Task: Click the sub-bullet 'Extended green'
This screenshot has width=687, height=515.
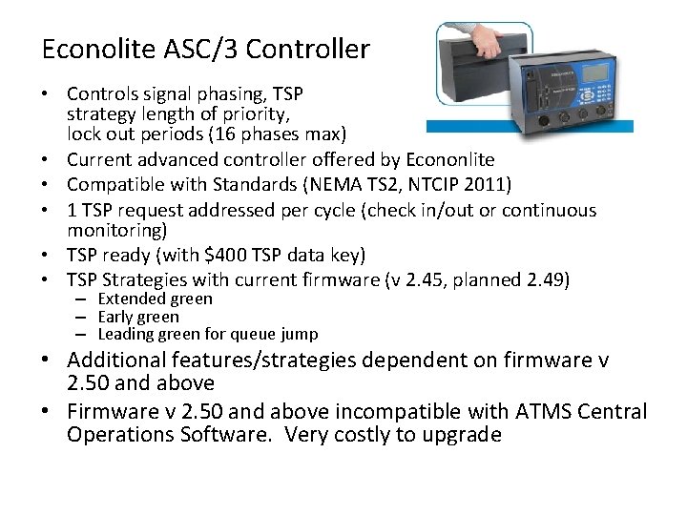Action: pyautogui.click(x=155, y=299)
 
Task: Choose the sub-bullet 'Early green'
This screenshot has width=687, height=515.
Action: pyautogui.click(x=138, y=317)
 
